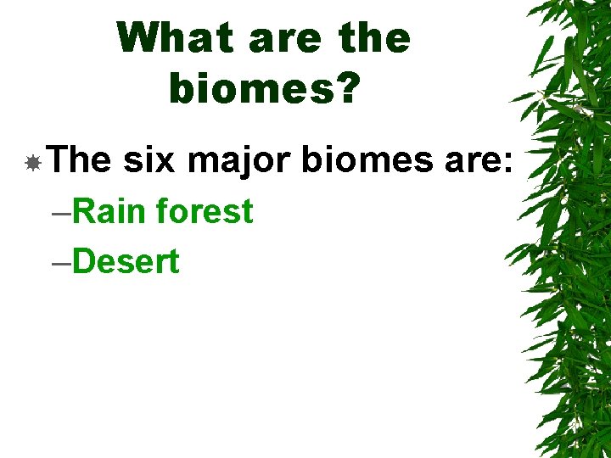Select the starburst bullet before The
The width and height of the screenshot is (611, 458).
click(32, 161)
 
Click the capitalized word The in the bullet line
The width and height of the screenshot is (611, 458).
click(79, 159)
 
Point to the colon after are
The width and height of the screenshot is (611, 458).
click(507, 163)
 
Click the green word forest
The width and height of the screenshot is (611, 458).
click(205, 211)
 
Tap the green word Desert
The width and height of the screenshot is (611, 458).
click(126, 262)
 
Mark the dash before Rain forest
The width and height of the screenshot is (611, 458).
click(61, 213)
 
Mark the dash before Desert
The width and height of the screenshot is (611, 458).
click(61, 264)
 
